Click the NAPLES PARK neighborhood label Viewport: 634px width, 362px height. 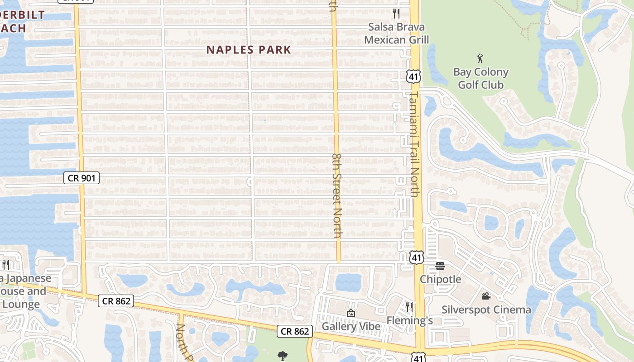click(249, 50)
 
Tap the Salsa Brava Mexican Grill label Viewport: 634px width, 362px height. click(396, 33)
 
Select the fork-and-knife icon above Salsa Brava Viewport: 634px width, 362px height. click(396, 13)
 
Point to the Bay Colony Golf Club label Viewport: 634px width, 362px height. click(480, 78)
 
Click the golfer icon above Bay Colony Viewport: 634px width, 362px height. click(480, 58)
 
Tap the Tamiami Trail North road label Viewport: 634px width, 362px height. click(414, 144)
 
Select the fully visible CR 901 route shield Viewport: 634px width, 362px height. click(81, 178)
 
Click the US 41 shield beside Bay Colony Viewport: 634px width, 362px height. click(413, 76)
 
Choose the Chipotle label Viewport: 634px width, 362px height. click(440, 279)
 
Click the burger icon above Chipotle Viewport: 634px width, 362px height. click(440, 266)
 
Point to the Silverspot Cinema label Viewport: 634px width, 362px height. click(486, 310)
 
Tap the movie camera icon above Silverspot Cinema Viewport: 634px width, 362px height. click(486, 296)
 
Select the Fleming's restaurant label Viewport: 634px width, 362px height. click(409, 321)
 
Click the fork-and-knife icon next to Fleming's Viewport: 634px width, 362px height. click(409, 307)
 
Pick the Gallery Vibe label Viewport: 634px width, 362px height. click(351, 326)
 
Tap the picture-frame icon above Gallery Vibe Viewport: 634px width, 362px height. click(351, 313)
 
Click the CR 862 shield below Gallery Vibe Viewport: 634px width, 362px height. click(295, 332)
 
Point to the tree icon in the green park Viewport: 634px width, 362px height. click(283, 356)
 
